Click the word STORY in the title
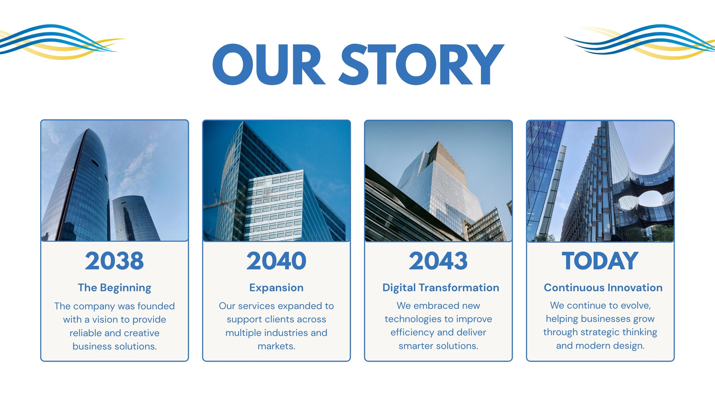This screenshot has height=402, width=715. (421, 64)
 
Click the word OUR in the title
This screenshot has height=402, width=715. (269, 64)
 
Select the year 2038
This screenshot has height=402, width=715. (114, 261)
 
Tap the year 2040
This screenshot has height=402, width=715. (277, 261)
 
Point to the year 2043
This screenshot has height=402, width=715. (438, 261)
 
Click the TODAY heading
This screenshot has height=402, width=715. (600, 261)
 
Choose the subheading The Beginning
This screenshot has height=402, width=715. (114, 288)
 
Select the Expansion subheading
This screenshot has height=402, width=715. (277, 288)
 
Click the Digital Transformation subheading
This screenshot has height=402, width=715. (441, 288)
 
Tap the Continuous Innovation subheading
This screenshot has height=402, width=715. (603, 288)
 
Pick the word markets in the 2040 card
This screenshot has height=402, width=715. (277, 346)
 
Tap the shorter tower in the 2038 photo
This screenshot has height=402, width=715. (135, 218)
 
